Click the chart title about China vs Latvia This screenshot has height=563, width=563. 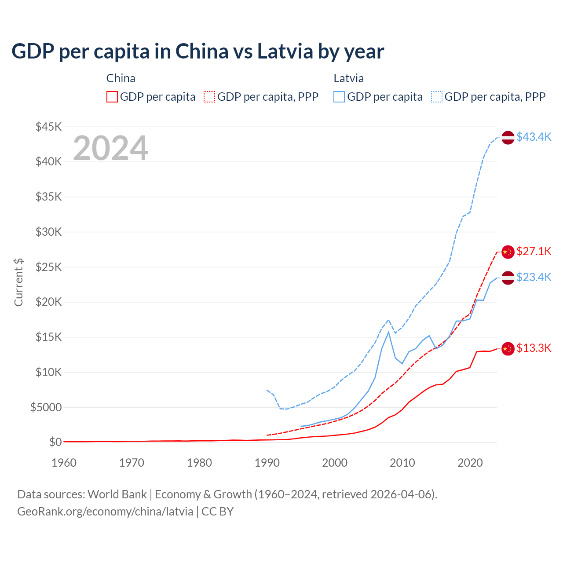(x=198, y=51)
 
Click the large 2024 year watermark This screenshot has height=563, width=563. (x=110, y=148)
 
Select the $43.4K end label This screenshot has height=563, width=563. (x=534, y=137)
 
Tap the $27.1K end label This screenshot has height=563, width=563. (x=534, y=251)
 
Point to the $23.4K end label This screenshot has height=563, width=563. (x=534, y=277)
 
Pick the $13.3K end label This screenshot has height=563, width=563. (x=534, y=348)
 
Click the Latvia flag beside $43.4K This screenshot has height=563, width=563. (x=508, y=137)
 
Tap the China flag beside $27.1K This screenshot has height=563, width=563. (x=508, y=252)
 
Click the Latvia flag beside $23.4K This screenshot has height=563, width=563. (x=508, y=278)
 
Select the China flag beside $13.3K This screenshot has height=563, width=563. (x=508, y=348)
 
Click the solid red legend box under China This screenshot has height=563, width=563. (x=112, y=97)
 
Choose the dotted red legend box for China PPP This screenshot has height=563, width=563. (x=209, y=97)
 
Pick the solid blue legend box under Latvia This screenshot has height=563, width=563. (x=339, y=97)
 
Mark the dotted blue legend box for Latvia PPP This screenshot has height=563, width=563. (x=437, y=97)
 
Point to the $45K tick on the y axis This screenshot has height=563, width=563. (x=49, y=127)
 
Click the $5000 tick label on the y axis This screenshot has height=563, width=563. (x=46, y=407)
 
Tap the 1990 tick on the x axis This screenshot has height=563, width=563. (x=267, y=463)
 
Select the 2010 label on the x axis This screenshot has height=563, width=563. (x=402, y=463)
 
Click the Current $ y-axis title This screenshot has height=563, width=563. (x=18, y=282)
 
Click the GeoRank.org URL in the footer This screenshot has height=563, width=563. (x=105, y=512)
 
